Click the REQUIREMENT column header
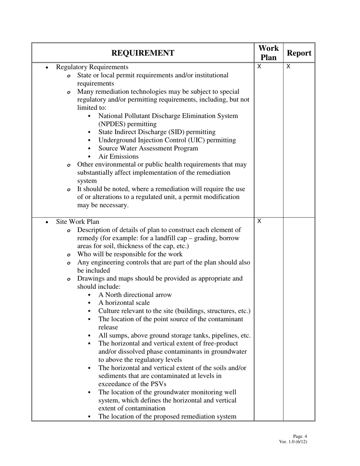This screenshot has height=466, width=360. (x=143, y=53)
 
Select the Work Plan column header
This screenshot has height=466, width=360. (x=268, y=53)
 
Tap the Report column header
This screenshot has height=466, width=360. (x=299, y=53)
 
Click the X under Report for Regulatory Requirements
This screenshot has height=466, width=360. (x=288, y=67)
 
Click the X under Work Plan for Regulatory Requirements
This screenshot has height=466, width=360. (x=259, y=67)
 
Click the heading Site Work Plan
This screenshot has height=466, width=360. (x=78, y=222)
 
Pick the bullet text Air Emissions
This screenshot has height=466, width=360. (x=118, y=156)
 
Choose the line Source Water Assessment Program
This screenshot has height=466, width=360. (x=148, y=149)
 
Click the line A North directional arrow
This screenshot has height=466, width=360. (x=135, y=295)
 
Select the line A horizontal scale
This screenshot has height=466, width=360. (x=124, y=303)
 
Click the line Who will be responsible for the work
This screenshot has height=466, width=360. (x=130, y=254)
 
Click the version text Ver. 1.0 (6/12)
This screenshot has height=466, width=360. (x=293, y=442)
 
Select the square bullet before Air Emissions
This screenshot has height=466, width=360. (x=89, y=157)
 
